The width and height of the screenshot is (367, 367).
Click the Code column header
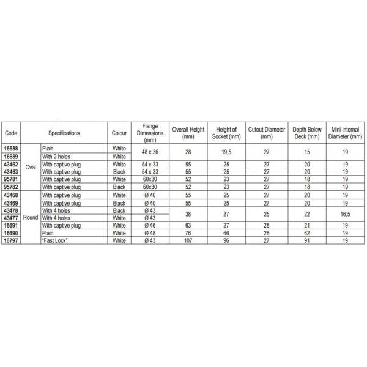click(x=10, y=133)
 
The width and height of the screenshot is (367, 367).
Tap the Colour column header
click(x=119, y=133)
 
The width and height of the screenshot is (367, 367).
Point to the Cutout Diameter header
click(x=266, y=133)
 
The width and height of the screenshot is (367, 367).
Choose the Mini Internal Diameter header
click(x=346, y=133)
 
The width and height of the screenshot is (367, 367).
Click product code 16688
click(x=11, y=149)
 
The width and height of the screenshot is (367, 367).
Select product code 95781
click(x=11, y=180)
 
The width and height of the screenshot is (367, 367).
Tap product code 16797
click(x=11, y=241)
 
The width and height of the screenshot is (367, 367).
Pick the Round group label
click(x=31, y=217)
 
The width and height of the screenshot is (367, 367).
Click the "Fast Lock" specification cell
click(x=54, y=241)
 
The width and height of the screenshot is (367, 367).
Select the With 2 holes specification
click(x=56, y=157)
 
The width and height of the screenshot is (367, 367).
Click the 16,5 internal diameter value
click(x=346, y=214)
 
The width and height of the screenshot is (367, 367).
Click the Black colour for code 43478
click(x=119, y=210)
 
